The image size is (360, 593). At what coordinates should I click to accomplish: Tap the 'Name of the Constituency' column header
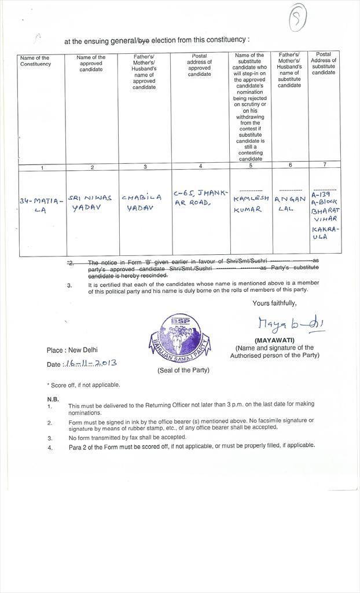(x=35, y=61)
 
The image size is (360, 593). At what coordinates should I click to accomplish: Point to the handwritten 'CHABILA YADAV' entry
(x=142, y=203)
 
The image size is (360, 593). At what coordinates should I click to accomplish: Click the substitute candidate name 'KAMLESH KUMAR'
(x=251, y=203)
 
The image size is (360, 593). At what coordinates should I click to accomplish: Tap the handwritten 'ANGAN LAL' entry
(x=290, y=203)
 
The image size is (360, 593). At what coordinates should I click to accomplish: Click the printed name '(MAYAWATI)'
(x=274, y=341)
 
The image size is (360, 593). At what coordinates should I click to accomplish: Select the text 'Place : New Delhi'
(x=72, y=350)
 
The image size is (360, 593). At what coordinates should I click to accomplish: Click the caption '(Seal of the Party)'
(x=183, y=370)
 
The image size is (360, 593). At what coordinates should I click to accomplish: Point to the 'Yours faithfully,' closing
(x=274, y=303)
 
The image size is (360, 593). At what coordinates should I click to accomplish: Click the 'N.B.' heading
(x=53, y=399)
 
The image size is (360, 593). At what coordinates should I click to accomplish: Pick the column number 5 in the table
(x=251, y=166)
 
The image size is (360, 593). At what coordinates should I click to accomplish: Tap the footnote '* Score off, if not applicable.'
(x=83, y=385)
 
